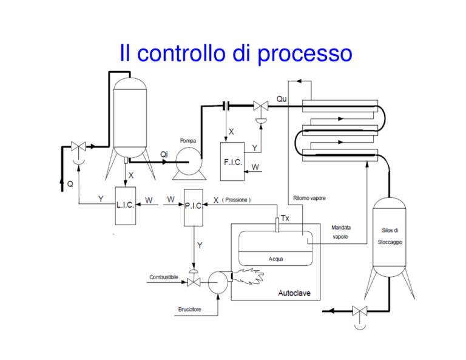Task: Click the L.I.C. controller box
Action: coord(126,206)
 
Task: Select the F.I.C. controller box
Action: coord(232,161)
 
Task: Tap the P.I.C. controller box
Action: coord(194,208)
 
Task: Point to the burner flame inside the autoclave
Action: coord(248,276)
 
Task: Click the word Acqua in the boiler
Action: coord(276,259)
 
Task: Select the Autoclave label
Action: coord(294,293)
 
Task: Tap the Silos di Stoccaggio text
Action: coord(390,236)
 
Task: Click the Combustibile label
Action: coord(164,277)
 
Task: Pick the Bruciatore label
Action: coord(189,309)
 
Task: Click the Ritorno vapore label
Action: coord(309,198)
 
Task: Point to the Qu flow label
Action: coord(282,99)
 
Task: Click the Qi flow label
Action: coord(164,154)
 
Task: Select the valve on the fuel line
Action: coord(194,282)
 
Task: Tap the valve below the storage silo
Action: coord(360,311)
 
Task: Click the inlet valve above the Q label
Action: coord(78,146)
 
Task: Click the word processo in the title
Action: coord(305,53)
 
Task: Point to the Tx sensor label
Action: coord(285,218)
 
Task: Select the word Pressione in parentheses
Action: coord(236,200)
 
